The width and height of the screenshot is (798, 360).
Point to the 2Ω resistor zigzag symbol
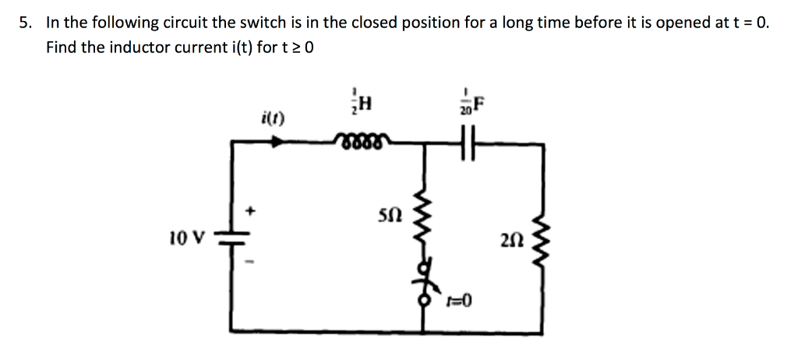[542, 238]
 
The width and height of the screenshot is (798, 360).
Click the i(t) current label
[275, 120]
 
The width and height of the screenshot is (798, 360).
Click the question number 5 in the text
[25, 23]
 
